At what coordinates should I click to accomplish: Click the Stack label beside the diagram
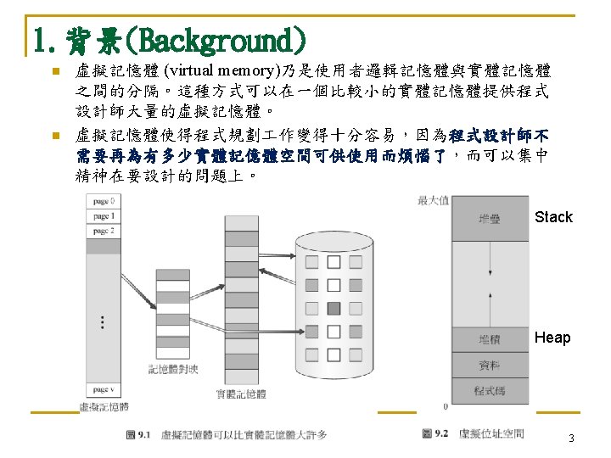point(553,217)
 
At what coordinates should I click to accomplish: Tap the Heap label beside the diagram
point(552,338)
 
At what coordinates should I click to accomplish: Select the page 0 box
point(103,201)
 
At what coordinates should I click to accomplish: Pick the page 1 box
point(103,216)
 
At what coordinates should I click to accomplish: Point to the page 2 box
point(103,231)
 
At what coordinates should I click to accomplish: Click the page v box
point(103,389)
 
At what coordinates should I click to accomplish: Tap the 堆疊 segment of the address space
point(490,218)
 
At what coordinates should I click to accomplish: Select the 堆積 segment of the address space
point(490,339)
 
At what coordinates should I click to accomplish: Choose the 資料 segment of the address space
point(490,366)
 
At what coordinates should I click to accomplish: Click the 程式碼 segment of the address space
point(490,391)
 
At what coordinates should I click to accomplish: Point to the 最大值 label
point(433,201)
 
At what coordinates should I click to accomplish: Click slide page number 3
point(571,438)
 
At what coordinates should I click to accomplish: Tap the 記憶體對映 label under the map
point(173,368)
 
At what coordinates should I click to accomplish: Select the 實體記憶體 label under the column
point(241,394)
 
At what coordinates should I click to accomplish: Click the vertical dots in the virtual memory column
point(103,322)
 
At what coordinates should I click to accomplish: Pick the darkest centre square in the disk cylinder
point(334,307)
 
